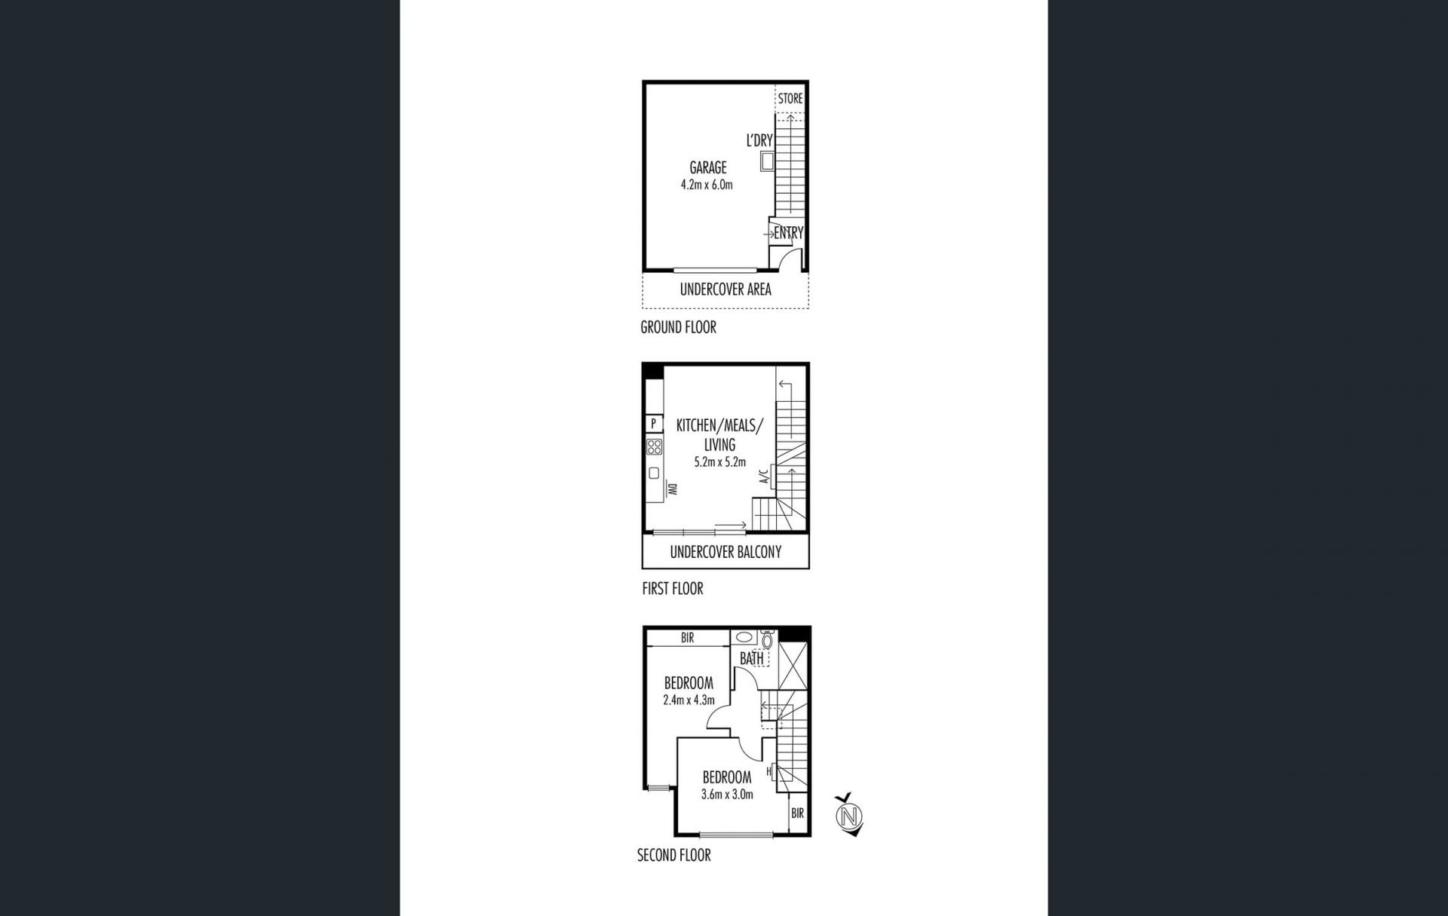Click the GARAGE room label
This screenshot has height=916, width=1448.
[x=708, y=167]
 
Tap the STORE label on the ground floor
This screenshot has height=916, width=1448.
[x=790, y=99]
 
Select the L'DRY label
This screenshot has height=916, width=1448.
[x=759, y=140]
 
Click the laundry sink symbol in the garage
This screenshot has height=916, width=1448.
[x=767, y=161]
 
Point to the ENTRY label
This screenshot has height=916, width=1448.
[x=789, y=233]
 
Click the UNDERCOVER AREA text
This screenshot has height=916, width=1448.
[x=726, y=290]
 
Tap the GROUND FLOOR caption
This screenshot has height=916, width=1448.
[x=678, y=327]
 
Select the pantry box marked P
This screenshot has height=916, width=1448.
[x=654, y=424]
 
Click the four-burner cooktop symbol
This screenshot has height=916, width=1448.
[x=655, y=446]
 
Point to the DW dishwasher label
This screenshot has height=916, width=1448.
[x=671, y=489]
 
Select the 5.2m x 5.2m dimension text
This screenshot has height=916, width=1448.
[x=720, y=462]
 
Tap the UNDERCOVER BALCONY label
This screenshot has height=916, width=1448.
[x=726, y=552]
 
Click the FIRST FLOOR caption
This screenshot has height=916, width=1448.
[x=673, y=589]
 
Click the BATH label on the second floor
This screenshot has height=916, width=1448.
[x=752, y=658]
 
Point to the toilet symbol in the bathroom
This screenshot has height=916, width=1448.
[x=768, y=640]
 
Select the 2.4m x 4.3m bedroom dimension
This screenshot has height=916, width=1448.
[x=689, y=700]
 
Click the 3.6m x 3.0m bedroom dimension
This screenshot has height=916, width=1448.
[x=727, y=794]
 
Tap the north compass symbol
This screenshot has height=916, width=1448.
[x=850, y=815]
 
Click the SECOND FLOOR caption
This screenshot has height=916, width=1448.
[x=674, y=855]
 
